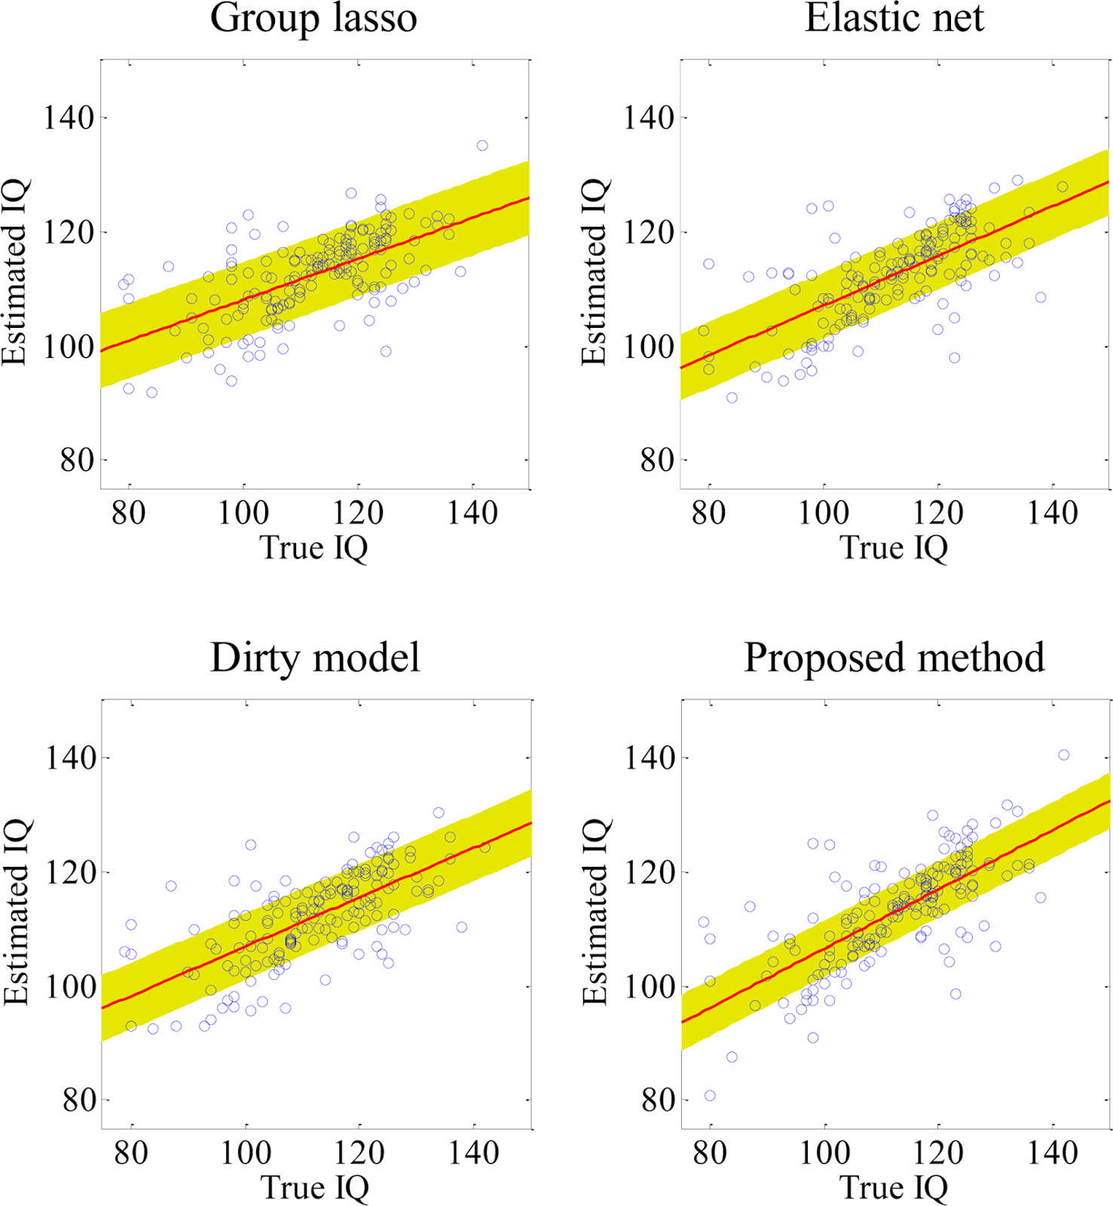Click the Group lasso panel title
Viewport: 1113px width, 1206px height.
pyautogui.click(x=313, y=18)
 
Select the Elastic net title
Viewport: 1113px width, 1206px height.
pyautogui.click(x=894, y=18)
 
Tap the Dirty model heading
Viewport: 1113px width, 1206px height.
pyautogui.click(x=315, y=657)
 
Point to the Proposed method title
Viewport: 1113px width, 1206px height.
pyautogui.click(x=894, y=657)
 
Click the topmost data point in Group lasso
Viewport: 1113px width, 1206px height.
pyautogui.click(x=482, y=145)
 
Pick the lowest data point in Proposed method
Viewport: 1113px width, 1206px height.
pyautogui.click(x=710, y=1095)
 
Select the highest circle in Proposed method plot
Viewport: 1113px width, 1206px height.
pyautogui.click(x=1063, y=755)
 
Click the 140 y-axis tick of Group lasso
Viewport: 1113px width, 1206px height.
pyautogui.click(x=69, y=118)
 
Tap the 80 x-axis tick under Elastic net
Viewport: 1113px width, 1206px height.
pyautogui.click(x=708, y=513)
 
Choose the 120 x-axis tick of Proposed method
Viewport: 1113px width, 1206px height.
pyautogui.click(x=938, y=1153)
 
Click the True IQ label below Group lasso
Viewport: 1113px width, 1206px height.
pyautogui.click(x=313, y=548)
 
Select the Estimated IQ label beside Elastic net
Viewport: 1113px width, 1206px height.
pyautogui.click(x=595, y=273)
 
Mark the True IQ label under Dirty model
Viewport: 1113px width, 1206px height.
pyautogui.click(x=315, y=1188)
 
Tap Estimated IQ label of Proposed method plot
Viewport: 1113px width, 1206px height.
pyautogui.click(x=595, y=913)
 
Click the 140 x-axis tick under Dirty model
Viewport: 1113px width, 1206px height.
pyautogui.click(x=473, y=1153)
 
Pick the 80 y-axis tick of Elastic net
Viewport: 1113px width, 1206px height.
pyautogui.click(x=656, y=460)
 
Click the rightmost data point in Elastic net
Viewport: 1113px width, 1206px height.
pyautogui.click(x=1062, y=187)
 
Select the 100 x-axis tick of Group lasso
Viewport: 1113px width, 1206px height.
pyautogui.click(x=243, y=513)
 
